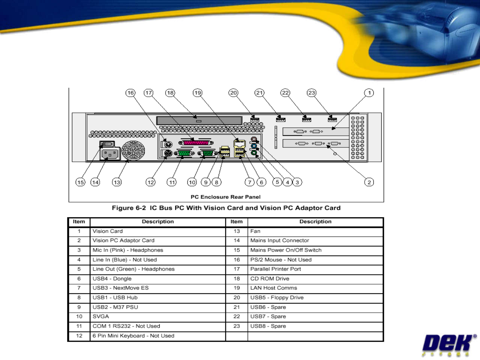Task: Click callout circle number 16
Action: [130, 93]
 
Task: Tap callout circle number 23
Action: [311, 93]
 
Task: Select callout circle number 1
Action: [369, 93]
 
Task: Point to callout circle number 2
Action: [369, 182]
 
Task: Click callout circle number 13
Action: [117, 182]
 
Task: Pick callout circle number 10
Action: [192, 182]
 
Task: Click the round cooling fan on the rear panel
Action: [133, 150]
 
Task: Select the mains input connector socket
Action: [110, 154]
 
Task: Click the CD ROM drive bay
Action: [199, 120]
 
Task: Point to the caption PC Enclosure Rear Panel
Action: [226, 197]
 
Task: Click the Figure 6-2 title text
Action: [226, 208]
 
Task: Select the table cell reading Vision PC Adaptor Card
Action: [124, 241]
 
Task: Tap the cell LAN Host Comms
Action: [274, 288]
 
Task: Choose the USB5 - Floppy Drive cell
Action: [277, 298]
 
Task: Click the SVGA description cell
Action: [101, 317]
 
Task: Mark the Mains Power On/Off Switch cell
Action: [286, 250]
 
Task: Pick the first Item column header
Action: [79, 222]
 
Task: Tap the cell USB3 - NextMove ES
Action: [121, 288]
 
